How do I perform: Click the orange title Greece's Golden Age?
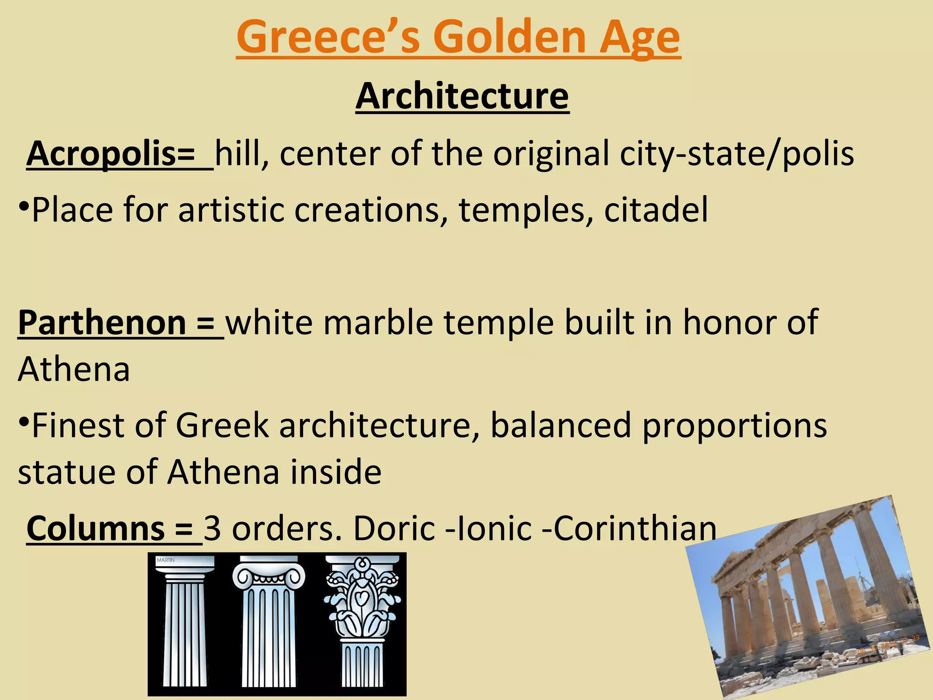tap(458, 37)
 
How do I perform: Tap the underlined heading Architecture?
tap(462, 96)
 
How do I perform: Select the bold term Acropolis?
tap(101, 154)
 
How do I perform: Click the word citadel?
tap(656, 210)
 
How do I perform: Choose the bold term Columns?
tap(96, 529)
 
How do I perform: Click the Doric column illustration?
tap(185, 624)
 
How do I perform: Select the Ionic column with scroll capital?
tap(269, 624)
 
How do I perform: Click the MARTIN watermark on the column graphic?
tap(165, 560)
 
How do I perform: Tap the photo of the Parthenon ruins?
tap(806, 597)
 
